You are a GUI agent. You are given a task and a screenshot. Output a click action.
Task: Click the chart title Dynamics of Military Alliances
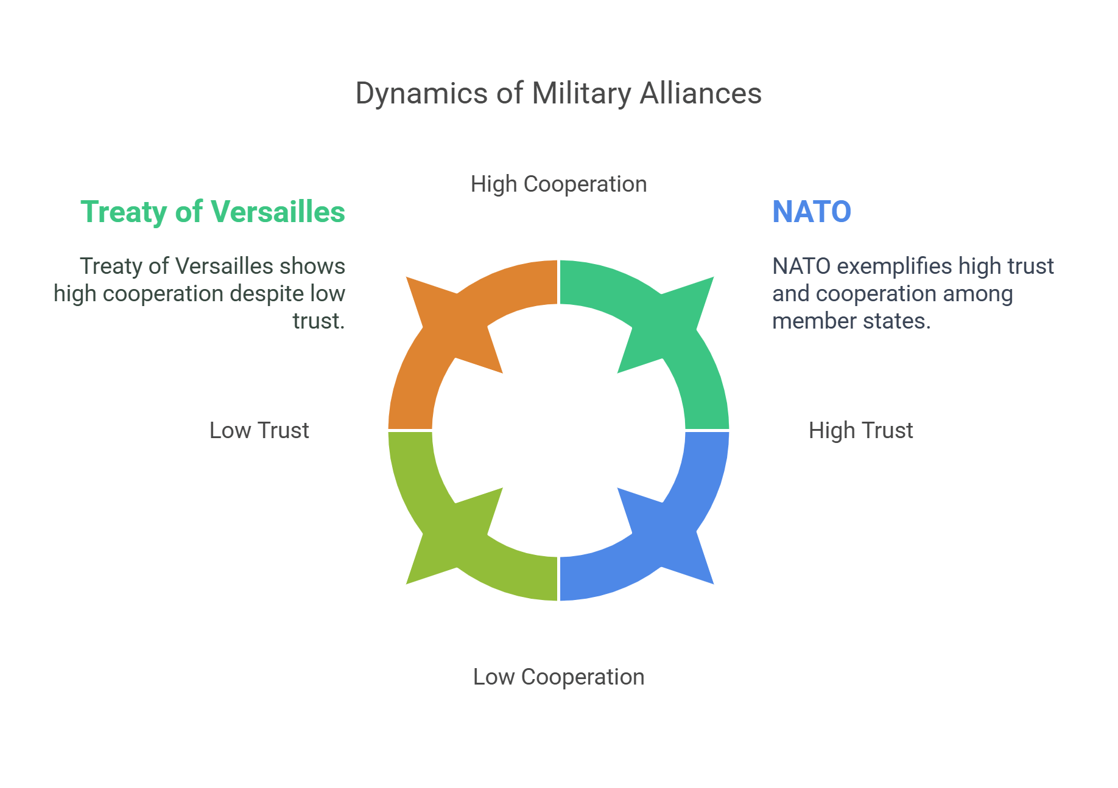[558, 94]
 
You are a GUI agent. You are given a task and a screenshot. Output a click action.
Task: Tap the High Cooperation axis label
[558, 184]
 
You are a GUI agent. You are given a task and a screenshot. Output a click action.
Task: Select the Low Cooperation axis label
[558, 677]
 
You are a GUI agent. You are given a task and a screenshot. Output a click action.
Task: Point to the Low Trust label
[259, 430]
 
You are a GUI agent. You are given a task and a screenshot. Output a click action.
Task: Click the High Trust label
[860, 430]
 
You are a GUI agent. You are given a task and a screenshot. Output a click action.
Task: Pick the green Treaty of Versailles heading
[213, 212]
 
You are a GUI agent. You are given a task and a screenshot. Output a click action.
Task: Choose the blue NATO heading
[812, 212]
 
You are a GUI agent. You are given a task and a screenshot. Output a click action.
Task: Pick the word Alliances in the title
[700, 94]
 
